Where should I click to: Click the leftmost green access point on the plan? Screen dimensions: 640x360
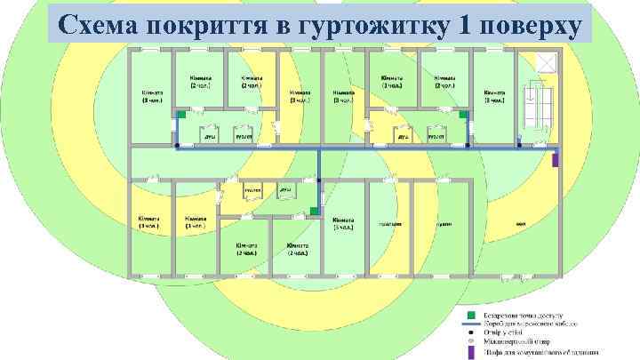(180, 116)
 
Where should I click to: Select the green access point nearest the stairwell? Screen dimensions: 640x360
(463, 116)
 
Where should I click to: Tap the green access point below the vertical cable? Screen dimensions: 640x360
(314, 211)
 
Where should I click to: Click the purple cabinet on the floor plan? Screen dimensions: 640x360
(556, 160)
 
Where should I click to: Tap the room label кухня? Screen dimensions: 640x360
(443, 224)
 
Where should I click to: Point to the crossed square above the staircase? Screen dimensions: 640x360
(546, 63)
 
